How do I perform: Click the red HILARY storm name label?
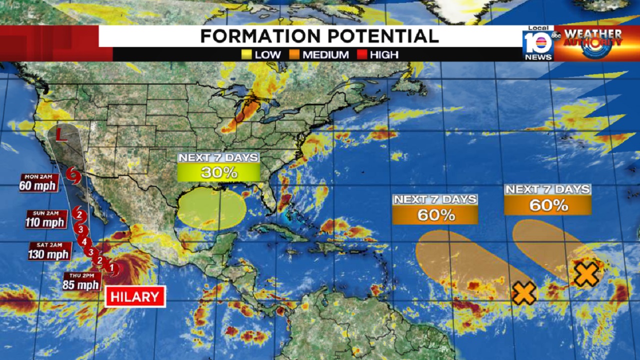pyautogui.click(x=135, y=296)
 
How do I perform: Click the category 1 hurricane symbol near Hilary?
pyautogui.click(x=112, y=268)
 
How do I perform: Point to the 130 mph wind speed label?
pyautogui.click(x=48, y=254)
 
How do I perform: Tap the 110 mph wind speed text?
pyautogui.click(x=46, y=222)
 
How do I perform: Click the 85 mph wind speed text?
pyautogui.click(x=81, y=285)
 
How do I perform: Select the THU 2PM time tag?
pyautogui.click(x=82, y=275)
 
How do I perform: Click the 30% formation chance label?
pyautogui.click(x=219, y=172)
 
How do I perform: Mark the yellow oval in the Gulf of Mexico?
pyautogui.click(x=212, y=208)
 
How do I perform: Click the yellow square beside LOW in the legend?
pyautogui.click(x=246, y=54)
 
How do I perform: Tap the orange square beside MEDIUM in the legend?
pyautogui.click(x=294, y=54)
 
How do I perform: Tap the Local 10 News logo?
pyautogui.click(x=538, y=43)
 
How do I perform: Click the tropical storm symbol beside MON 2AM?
pyautogui.click(x=73, y=175)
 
